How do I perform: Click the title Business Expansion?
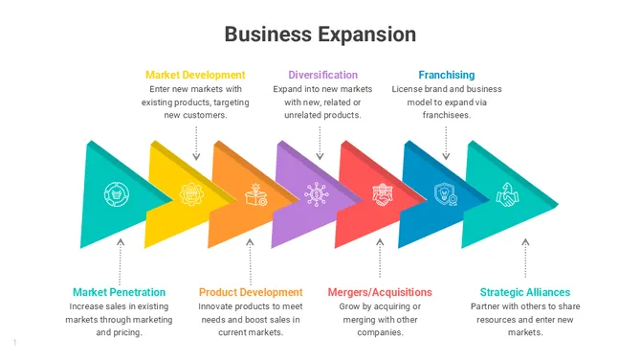(320, 34)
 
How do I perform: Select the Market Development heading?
(195, 75)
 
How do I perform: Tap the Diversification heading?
(322, 75)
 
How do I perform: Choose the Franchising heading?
(446, 75)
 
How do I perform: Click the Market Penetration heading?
(119, 292)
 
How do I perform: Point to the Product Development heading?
(251, 292)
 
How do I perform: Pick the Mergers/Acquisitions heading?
(380, 292)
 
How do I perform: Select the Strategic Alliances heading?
(524, 292)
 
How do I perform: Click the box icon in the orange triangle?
(255, 194)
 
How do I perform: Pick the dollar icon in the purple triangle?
(316, 194)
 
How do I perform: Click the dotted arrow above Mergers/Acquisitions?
(380, 257)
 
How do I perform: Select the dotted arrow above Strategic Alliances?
(524, 257)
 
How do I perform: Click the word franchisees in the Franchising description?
(446, 115)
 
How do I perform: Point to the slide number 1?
(15, 342)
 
